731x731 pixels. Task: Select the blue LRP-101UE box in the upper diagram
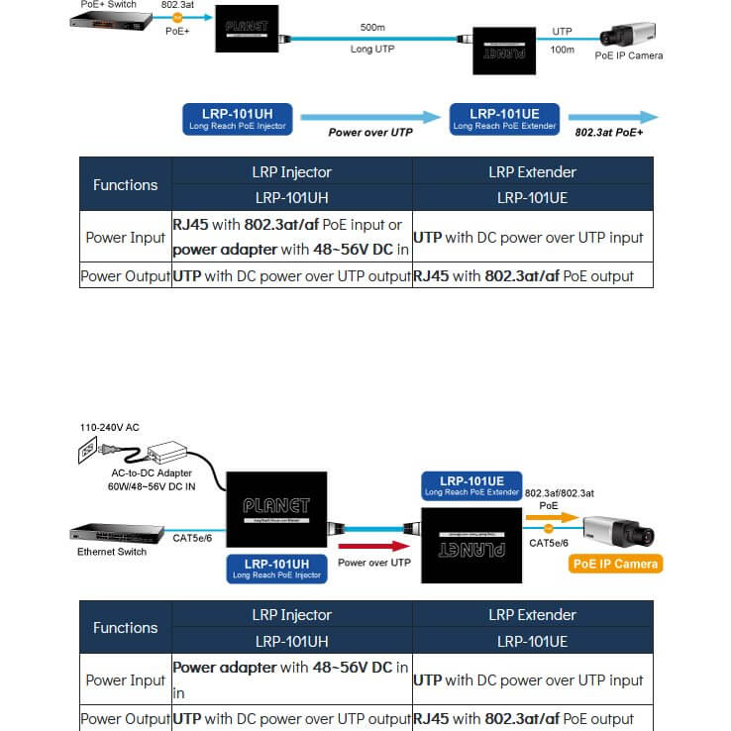(505, 119)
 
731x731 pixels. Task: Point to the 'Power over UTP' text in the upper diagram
(370, 132)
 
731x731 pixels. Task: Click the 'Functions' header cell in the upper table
(126, 184)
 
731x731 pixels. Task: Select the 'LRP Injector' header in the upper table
(292, 171)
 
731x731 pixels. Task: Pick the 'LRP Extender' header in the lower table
(532, 615)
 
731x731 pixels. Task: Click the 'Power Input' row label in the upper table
(126, 238)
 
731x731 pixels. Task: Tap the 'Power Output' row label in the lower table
(126, 719)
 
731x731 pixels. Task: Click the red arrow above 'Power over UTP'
(373, 546)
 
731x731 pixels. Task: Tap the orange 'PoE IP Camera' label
(615, 564)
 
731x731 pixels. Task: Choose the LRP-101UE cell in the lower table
(532, 641)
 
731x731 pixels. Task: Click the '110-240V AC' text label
(109, 427)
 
